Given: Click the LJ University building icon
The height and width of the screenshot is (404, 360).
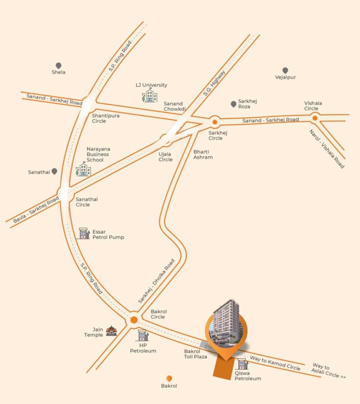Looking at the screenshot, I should (150, 96).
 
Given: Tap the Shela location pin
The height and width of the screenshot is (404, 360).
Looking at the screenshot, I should (58, 65).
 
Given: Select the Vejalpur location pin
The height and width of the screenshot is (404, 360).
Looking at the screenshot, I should (285, 70).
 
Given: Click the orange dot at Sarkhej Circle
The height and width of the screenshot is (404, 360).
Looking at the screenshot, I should (214, 122).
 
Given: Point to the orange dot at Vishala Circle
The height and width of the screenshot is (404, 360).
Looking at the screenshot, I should (315, 118).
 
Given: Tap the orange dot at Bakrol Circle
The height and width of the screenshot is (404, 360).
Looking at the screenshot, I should (134, 320).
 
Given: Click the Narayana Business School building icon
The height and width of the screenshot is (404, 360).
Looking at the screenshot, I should (84, 169).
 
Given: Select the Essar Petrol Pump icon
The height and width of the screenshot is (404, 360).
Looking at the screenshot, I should (84, 234).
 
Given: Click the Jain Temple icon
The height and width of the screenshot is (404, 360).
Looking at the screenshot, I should (111, 330).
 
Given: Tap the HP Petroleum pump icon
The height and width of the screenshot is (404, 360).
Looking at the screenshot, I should (143, 336).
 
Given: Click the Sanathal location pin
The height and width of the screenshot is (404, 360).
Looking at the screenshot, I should (54, 171).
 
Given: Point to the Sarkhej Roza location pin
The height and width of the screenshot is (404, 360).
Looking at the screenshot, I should (233, 104).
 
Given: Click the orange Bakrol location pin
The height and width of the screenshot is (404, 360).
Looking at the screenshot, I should (169, 378).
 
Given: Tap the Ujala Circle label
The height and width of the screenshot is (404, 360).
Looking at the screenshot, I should (166, 157).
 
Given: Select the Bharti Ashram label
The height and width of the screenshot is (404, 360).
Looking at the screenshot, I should (203, 155).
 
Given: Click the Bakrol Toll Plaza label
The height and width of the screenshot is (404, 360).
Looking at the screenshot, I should (196, 353).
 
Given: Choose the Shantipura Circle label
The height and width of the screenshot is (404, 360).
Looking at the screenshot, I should (99, 118).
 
